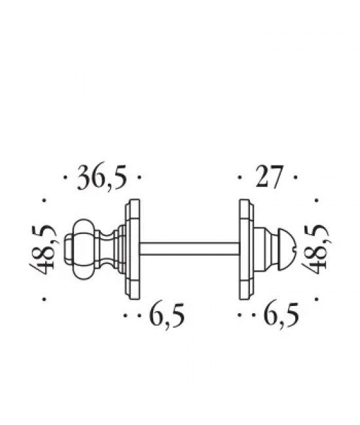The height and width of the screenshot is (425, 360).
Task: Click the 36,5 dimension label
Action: pyautogui.click(x=101, y=178)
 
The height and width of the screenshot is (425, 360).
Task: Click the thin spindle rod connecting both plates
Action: pyautogui.click(x=190, y=248)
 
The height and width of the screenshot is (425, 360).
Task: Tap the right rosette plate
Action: pyautogui.click(x=246, y=248)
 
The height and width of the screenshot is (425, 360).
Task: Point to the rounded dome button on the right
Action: pyautogui.click(x=286, y=248)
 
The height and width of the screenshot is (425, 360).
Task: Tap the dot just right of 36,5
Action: pyautogui.click(x=141, y=177)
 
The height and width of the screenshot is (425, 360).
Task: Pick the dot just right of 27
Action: pyautogui.click(x=296, y=177)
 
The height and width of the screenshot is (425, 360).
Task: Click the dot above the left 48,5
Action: pyautogui.click(x=43, y=200)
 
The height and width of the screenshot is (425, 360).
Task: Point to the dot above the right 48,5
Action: pyautogui.click(x=317, y=200)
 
